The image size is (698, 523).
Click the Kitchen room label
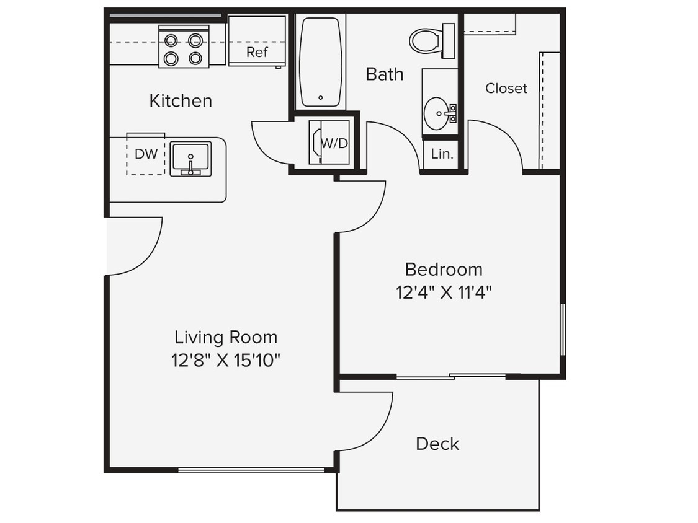181,100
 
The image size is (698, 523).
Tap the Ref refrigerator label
257,52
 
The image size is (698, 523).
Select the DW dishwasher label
146,154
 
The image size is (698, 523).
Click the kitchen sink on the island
190,159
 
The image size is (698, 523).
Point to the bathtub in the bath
320,62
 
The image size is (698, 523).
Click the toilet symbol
427,41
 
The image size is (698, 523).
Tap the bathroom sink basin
439,113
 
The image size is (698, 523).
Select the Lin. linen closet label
442,154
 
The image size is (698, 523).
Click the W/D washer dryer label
334,143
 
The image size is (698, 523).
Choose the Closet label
506,88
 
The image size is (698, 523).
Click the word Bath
384,74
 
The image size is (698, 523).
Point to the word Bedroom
443,270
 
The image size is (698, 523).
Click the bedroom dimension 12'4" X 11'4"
444,291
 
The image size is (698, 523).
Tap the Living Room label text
225,338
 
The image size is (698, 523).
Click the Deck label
437,444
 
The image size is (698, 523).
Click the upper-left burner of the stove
171,41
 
